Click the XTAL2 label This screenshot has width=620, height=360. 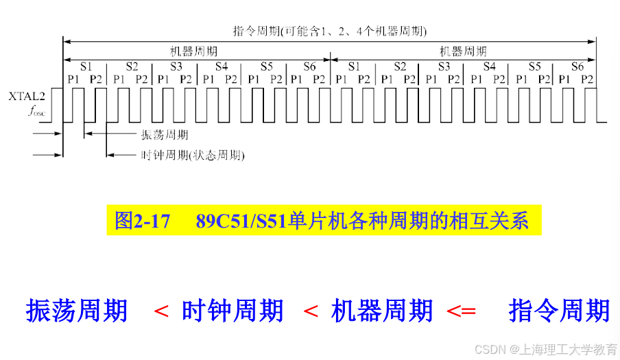[x=27, y=97]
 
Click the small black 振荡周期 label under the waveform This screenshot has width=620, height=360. [x=164, y=135]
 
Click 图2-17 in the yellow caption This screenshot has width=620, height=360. [x=142, y=221]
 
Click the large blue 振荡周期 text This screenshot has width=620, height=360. [x=77, y=311]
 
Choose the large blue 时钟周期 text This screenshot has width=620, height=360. [x=232, y=311]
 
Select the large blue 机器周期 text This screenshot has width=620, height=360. [x=382, y=311]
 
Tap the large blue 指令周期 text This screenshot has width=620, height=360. [x=559, y=311]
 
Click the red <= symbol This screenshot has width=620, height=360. [x=461, y=311]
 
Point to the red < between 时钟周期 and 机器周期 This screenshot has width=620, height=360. [x=310, y=311]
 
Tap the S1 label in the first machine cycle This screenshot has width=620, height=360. [x=85, y=67]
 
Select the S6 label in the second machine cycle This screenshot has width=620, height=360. [x=577, y=67]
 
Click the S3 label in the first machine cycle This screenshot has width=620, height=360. [x=176, y=67]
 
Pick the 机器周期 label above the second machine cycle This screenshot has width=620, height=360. [x=463, y=51]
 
